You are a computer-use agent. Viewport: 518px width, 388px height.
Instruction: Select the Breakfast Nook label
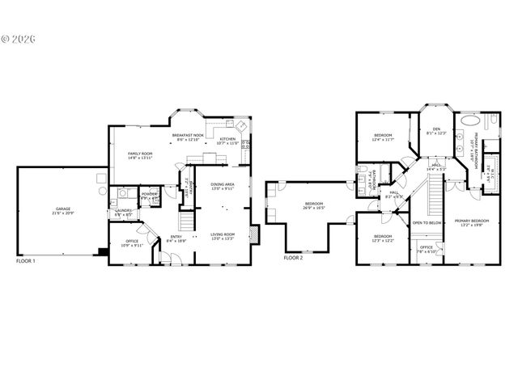coord(188,137)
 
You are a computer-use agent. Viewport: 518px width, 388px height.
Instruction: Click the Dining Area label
coord(222,187)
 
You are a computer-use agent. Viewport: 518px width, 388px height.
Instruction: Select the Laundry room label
coord(123,213)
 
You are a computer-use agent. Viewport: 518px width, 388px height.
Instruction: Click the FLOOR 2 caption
coord(293,258)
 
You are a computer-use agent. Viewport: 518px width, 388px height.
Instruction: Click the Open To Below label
coord(427,222)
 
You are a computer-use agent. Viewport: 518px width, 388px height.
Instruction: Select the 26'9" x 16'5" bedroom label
coord(314,205)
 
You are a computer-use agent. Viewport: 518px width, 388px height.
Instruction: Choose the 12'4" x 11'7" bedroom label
coord(383,137)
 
